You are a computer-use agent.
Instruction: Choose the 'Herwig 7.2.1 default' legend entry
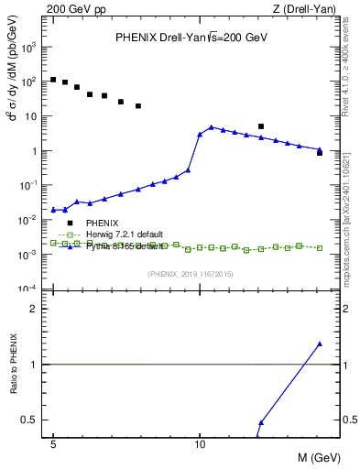coord(125,234)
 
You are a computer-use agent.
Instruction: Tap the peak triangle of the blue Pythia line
coord(212,127)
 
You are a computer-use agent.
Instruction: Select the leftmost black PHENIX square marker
coord(54,80)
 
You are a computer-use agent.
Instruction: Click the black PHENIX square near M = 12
coord(261,126)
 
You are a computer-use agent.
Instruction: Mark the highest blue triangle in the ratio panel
coord(320,344)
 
